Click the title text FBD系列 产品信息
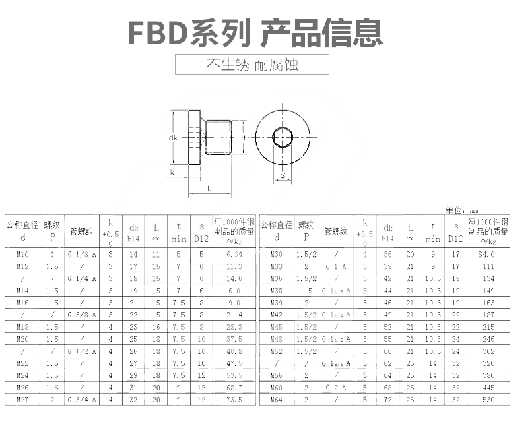pos(255,31)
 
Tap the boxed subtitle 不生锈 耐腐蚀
pos(252,65)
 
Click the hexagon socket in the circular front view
pos(282,138)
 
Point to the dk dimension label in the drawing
pos(173,138)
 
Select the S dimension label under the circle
pos(283,176)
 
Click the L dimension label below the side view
pos(210,189)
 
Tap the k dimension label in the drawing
pos(173,172)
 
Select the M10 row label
pos(22,254)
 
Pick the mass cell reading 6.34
pos(234,254)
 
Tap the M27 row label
pos(22,400)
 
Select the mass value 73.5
pos(234,400)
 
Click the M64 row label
pos(277,400)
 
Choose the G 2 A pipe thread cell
pos(335,388)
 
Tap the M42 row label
pos(277,315)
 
